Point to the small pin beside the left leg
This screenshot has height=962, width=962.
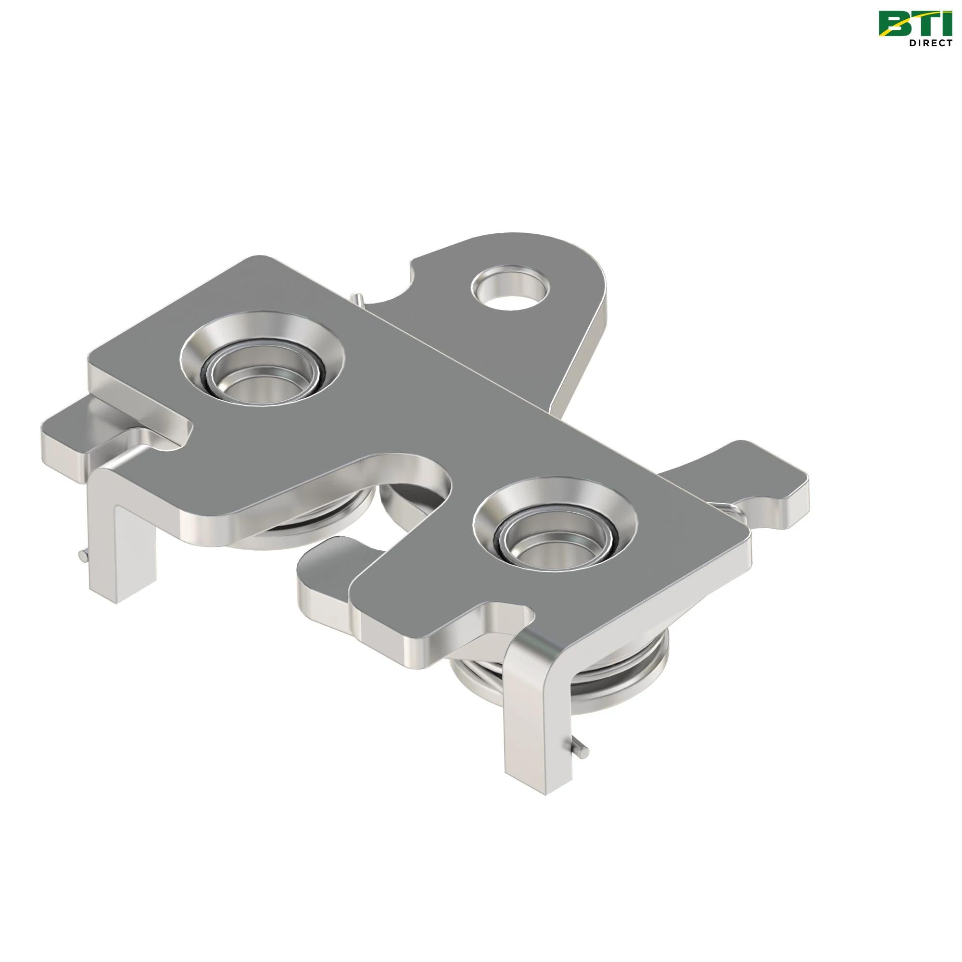[83, 554]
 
